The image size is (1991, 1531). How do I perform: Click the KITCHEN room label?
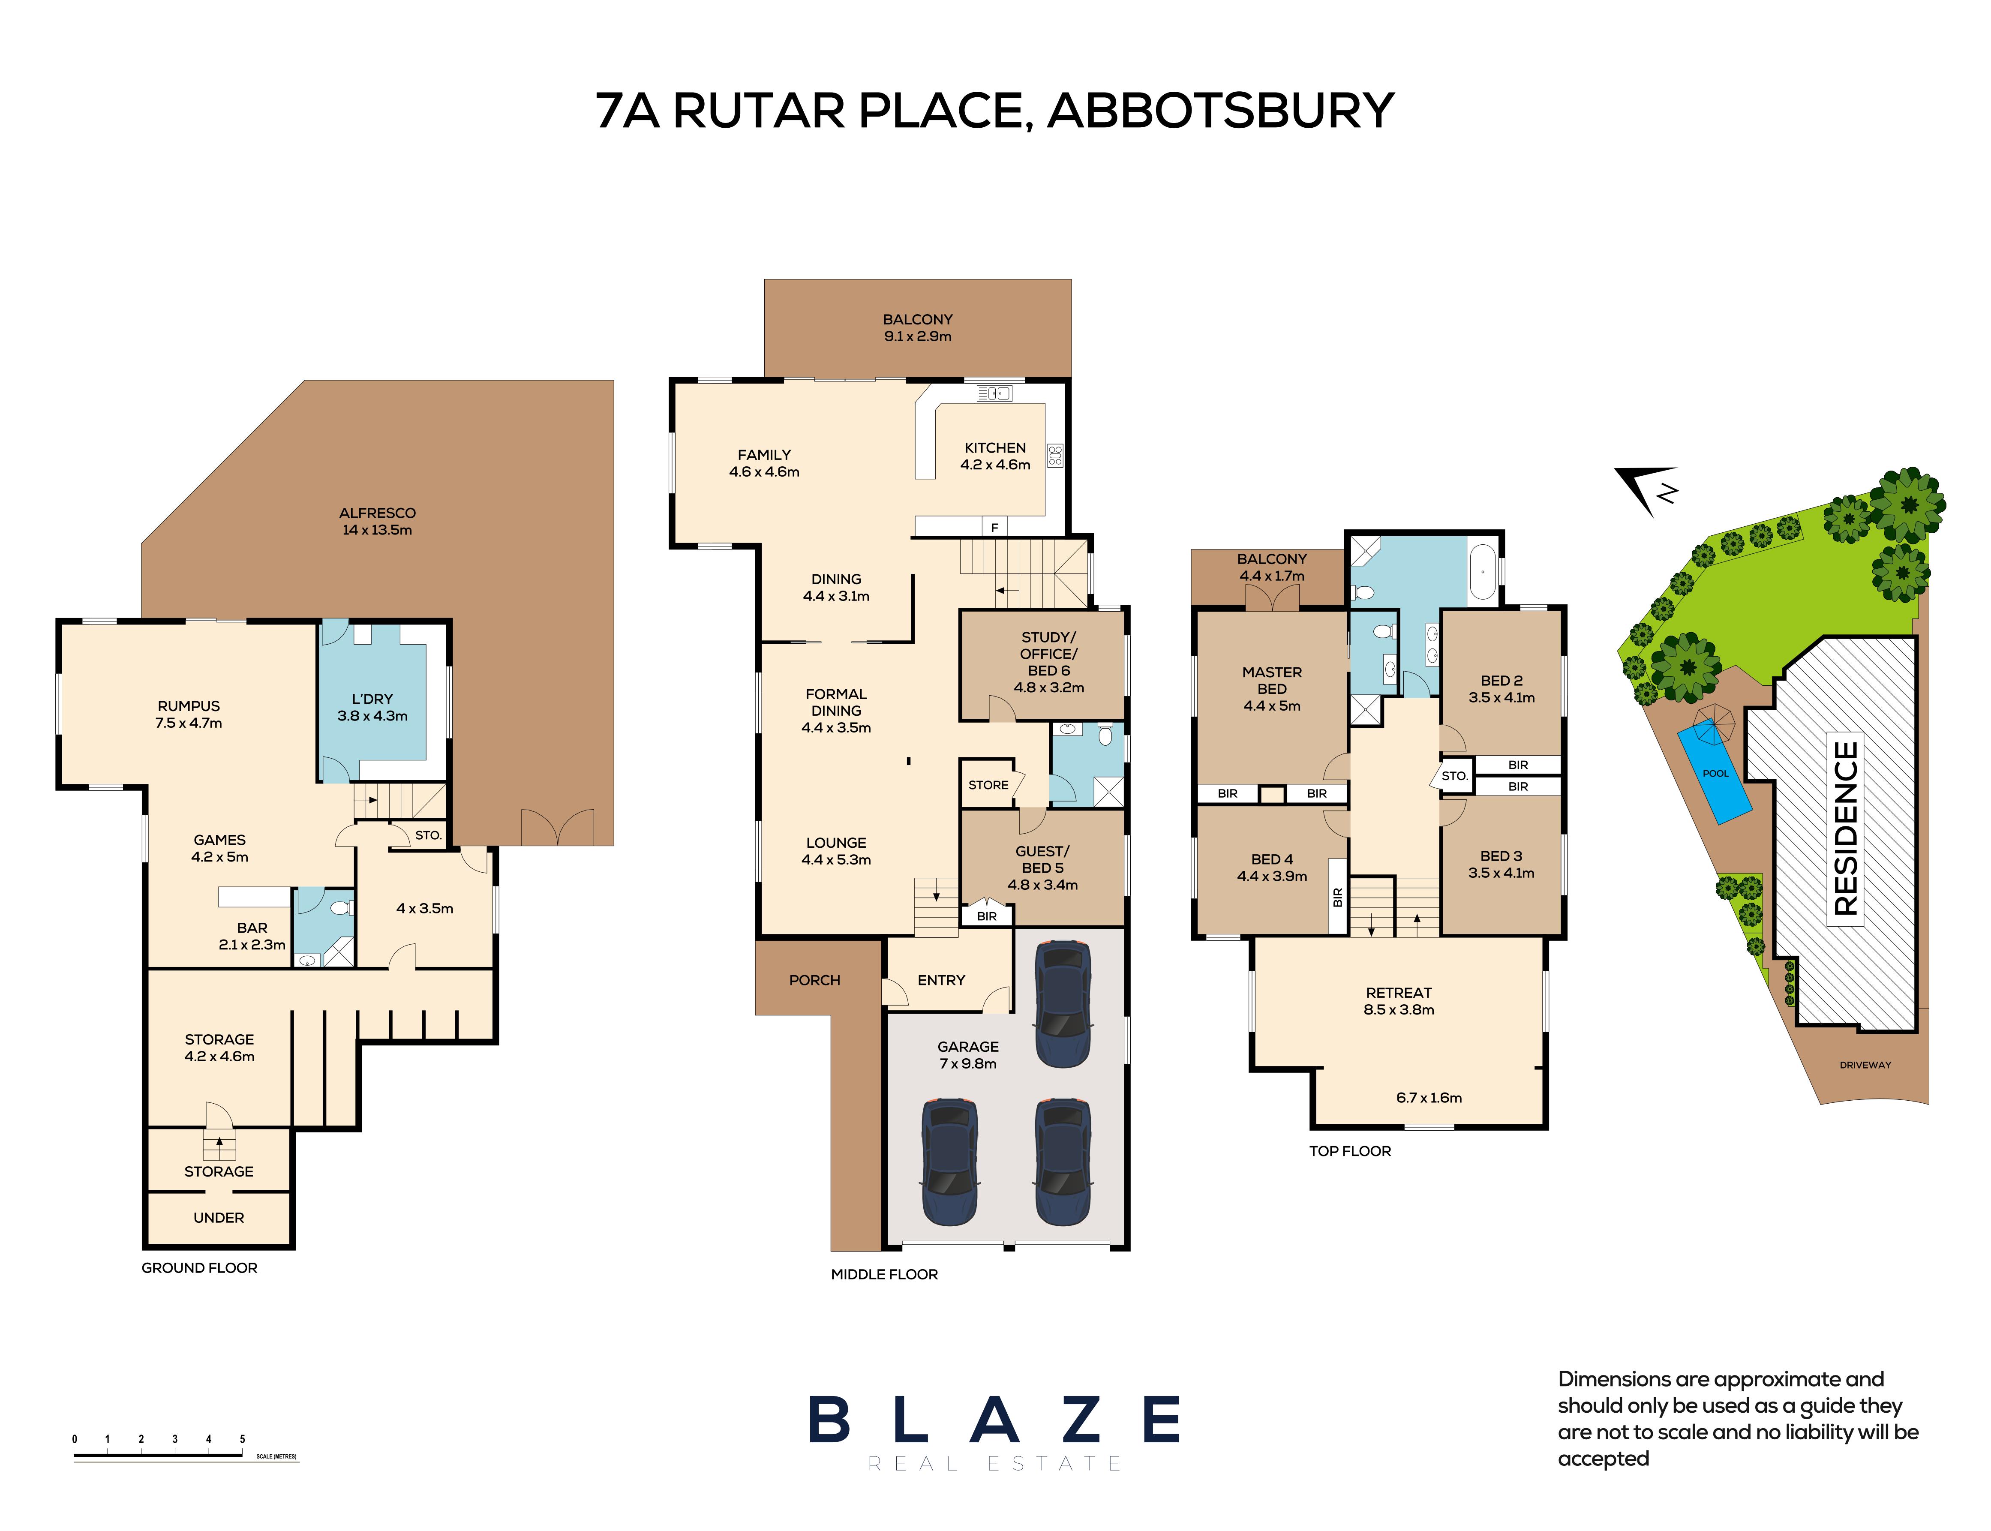995,447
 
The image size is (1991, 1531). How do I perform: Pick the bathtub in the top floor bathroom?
1482,571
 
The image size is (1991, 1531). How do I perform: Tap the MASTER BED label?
1272,680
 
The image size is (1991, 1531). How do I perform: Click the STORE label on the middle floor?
988,785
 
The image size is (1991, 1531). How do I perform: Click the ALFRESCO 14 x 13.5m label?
377,521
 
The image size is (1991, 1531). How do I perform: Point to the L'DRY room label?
372,699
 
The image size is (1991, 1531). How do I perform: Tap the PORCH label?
815,980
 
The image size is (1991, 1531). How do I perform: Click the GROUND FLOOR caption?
200,1268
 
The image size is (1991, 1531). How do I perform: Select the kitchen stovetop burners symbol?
1055,456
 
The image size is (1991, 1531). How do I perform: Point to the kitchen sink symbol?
994,394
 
